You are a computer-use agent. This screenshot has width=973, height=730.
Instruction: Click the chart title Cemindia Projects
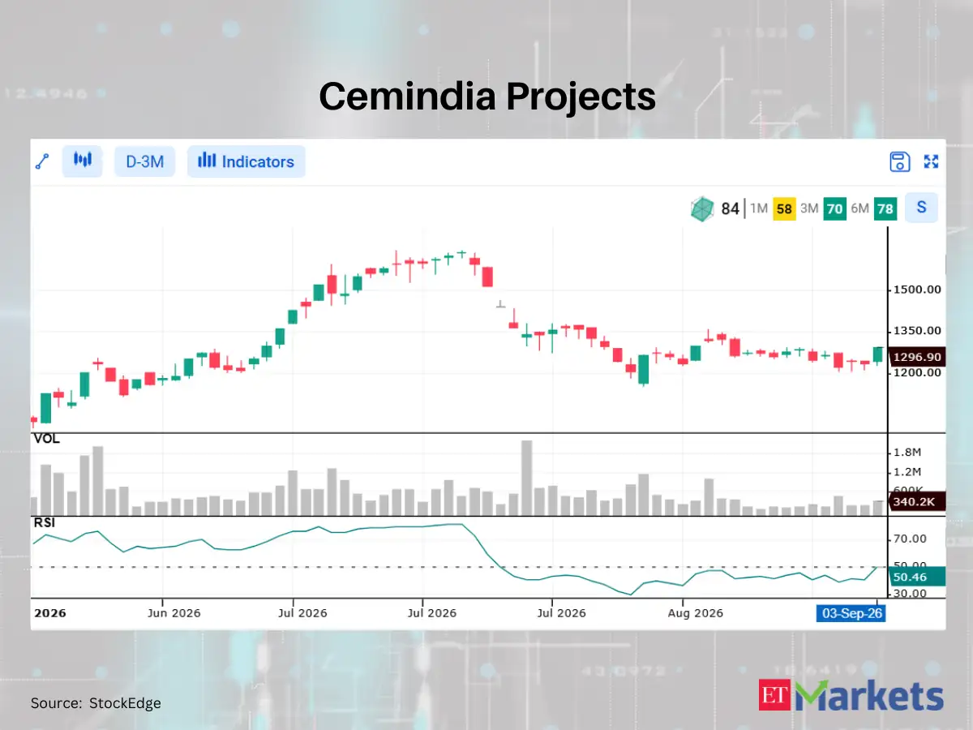tap(487, 97)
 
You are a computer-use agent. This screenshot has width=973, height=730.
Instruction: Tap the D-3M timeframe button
tap(145, 161)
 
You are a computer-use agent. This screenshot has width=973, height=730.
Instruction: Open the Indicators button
tap(246, 161)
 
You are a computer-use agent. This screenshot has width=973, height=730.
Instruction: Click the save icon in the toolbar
tap(899, 161)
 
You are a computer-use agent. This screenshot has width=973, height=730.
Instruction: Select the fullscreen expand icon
tap(931, 161)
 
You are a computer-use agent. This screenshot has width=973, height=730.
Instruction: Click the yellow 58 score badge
tap(784, 208)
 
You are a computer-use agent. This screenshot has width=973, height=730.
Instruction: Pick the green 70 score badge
tap(834, 208)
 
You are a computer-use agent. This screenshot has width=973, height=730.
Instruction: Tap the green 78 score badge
tap(885, 208)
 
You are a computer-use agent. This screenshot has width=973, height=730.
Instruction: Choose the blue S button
tap(921, 208)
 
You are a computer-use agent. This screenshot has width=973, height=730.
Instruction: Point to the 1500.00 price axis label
tap(917, 290)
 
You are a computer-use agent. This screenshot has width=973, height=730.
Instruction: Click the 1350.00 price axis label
tap(917, 331)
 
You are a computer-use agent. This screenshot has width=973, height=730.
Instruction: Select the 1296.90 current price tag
tap(917, 357)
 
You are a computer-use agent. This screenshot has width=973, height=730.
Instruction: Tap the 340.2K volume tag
tap(917, 501)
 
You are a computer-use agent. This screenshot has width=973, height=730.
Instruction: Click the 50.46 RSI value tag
tap(917, 577)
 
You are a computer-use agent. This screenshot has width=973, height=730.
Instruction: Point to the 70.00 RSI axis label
tap(910, 539)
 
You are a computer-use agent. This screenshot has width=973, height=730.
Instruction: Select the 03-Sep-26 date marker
tap(851, 613)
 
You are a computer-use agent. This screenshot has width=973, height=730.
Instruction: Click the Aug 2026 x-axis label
tap(695, 613)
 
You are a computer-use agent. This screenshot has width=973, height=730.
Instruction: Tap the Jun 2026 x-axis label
tap(174, 613)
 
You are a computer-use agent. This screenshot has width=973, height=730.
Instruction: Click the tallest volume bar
tap(526, 478)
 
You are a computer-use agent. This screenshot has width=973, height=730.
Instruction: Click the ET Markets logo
tap(851, 695)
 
